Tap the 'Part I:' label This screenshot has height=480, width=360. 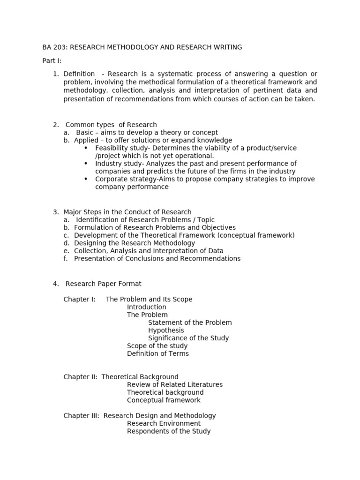(52, 61)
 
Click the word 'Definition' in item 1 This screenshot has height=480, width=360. (79, 74)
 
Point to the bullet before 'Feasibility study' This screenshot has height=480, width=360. (86, 148)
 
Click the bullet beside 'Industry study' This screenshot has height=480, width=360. (86, 163)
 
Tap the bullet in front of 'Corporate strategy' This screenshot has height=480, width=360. (86, 179)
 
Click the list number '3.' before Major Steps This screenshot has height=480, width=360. (56, 212)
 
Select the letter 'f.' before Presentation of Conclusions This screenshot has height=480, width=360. (66, 258)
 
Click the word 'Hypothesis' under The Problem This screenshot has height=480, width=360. (166, 330)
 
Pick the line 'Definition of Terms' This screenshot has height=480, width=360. (157, 353)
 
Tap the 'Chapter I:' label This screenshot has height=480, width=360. (79, 299)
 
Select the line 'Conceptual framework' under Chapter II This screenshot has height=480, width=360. (163, 400)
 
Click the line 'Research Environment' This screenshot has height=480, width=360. (163, 423)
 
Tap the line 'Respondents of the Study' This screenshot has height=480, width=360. (168, 431)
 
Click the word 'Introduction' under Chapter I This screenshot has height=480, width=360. (146, 307)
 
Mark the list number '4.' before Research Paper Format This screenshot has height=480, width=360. (56, 284)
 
